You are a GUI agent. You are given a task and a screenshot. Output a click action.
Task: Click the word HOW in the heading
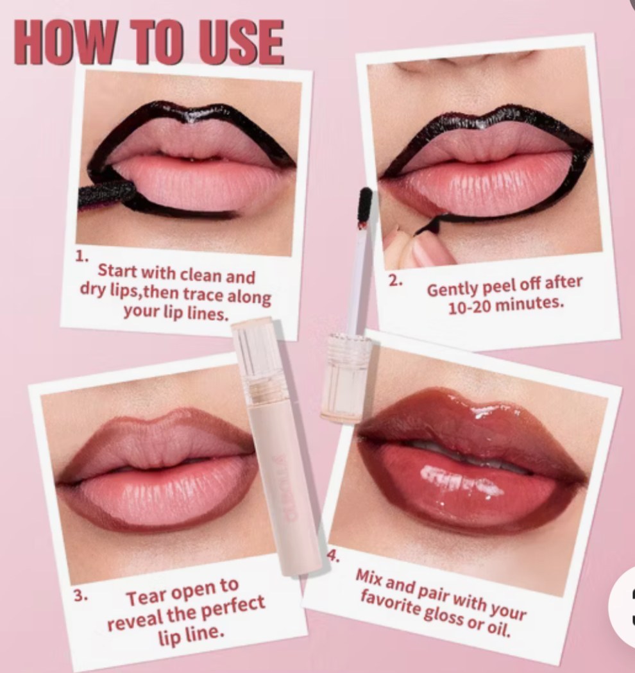64,42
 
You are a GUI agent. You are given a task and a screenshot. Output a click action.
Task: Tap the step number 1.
82,256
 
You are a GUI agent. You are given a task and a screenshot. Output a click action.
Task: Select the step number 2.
395,280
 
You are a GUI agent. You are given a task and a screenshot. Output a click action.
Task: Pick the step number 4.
334,556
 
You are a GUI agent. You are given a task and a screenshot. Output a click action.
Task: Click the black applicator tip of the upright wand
365,203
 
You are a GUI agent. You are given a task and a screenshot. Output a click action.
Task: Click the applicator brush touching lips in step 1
106,195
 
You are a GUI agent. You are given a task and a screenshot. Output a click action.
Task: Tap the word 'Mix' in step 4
369,579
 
